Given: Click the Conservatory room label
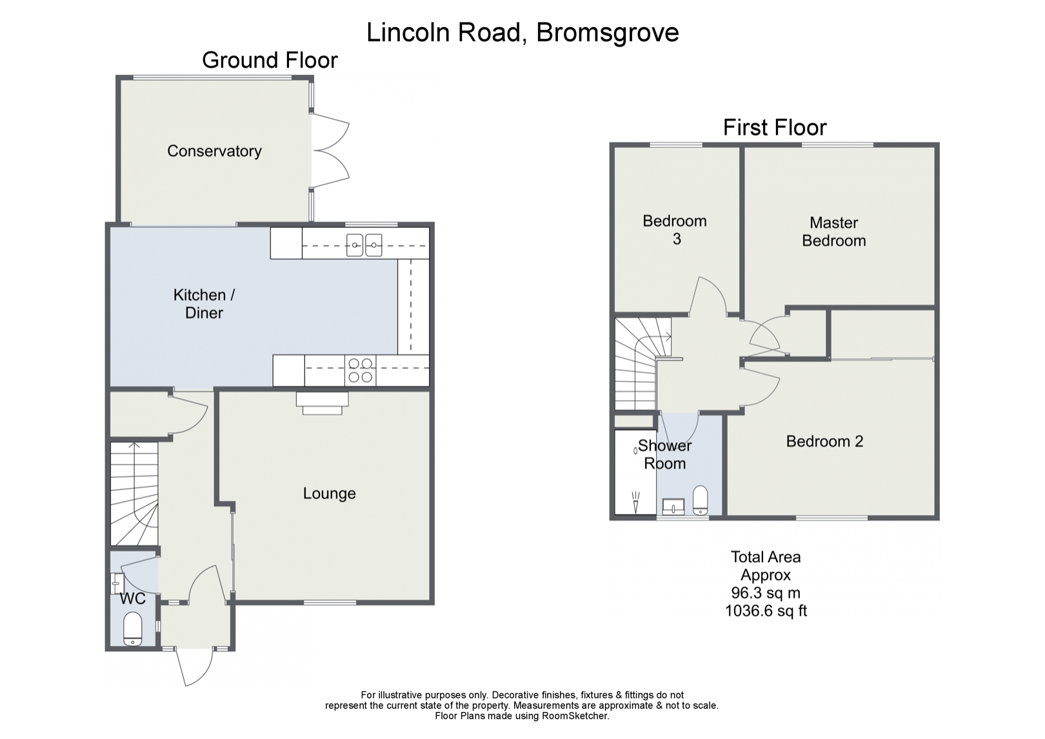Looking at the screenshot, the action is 214,151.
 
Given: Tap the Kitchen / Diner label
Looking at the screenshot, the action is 204,304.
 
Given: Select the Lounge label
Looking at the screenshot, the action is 329,494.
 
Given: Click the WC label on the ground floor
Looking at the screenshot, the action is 132,599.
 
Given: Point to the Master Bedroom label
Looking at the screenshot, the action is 833,232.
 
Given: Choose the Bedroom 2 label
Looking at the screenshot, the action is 824,441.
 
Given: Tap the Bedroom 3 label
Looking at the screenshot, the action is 675,230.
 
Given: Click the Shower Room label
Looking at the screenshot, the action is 664,454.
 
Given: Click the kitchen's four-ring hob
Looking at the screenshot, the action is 360,370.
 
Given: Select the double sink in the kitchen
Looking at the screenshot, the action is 364,243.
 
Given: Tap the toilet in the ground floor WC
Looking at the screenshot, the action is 132,629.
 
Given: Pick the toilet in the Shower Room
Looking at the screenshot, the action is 700,500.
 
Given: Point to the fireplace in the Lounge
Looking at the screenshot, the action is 323,403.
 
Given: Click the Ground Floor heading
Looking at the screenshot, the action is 270,60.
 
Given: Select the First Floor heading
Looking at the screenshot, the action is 774,127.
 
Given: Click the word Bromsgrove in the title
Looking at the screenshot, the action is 607,32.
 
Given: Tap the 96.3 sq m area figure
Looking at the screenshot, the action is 765,592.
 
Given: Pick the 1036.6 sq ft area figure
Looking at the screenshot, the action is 766,611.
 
